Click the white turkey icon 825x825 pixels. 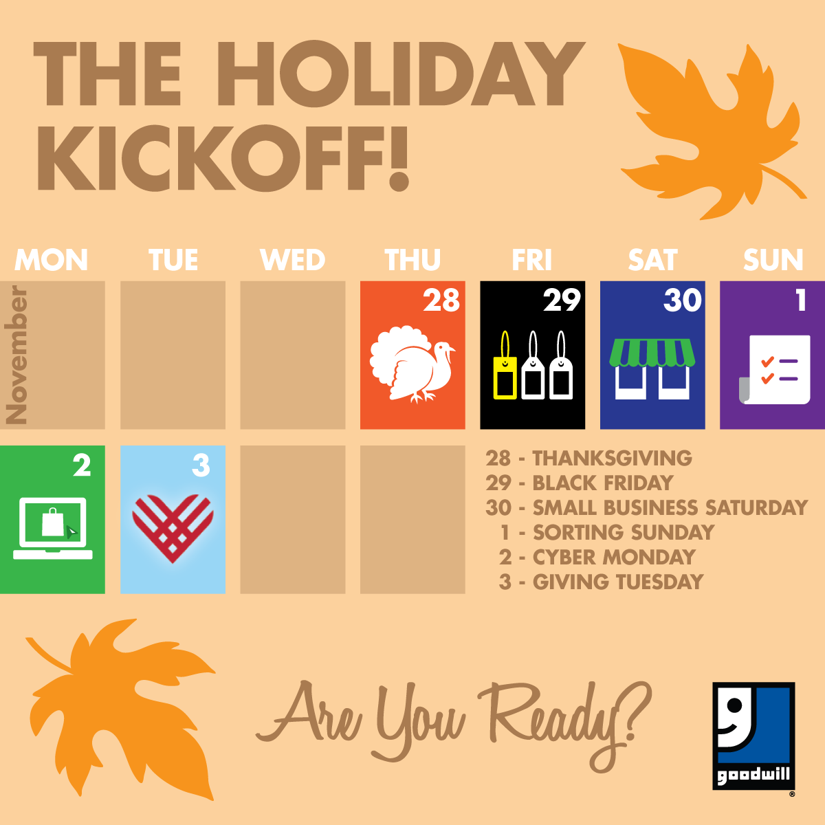[x=412, y=364]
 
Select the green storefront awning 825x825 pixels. [x=652, y=353]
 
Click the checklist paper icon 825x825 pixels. [x=775, y=369]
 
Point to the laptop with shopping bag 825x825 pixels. [x=53, y=528]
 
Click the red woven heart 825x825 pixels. [x=173, y=528]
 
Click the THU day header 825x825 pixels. [x=412, y=259]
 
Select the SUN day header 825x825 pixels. [x=773, y=259]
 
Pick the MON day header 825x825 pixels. [x=52, y=259]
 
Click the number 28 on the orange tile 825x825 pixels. [x=441, y=300]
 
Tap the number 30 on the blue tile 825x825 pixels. [x=683, y=300]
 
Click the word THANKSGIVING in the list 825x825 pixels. [x=613, y=458]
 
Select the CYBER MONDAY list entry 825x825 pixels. [x=597, y=557]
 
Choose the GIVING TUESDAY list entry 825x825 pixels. [x=601, y=582]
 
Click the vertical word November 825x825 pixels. [x=16, y=355]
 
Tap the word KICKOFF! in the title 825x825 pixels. [x=223, y=158]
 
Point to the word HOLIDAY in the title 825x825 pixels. [x=401, y=74]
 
